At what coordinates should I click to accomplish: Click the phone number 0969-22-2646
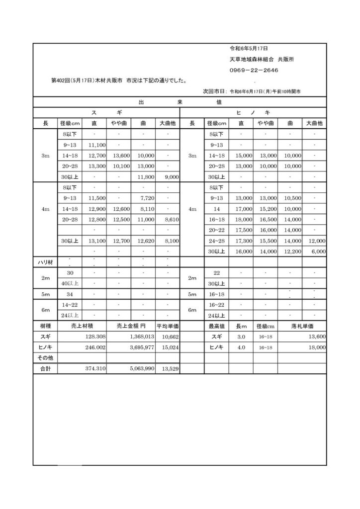coord(254,70)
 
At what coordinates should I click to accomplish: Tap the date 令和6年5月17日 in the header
coord(249,49)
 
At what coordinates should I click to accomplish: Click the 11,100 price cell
coord(95,145)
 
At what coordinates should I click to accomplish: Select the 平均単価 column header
coord(168,326)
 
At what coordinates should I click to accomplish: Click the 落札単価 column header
coord(302,326)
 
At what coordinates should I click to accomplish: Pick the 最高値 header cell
coord(217,326)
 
